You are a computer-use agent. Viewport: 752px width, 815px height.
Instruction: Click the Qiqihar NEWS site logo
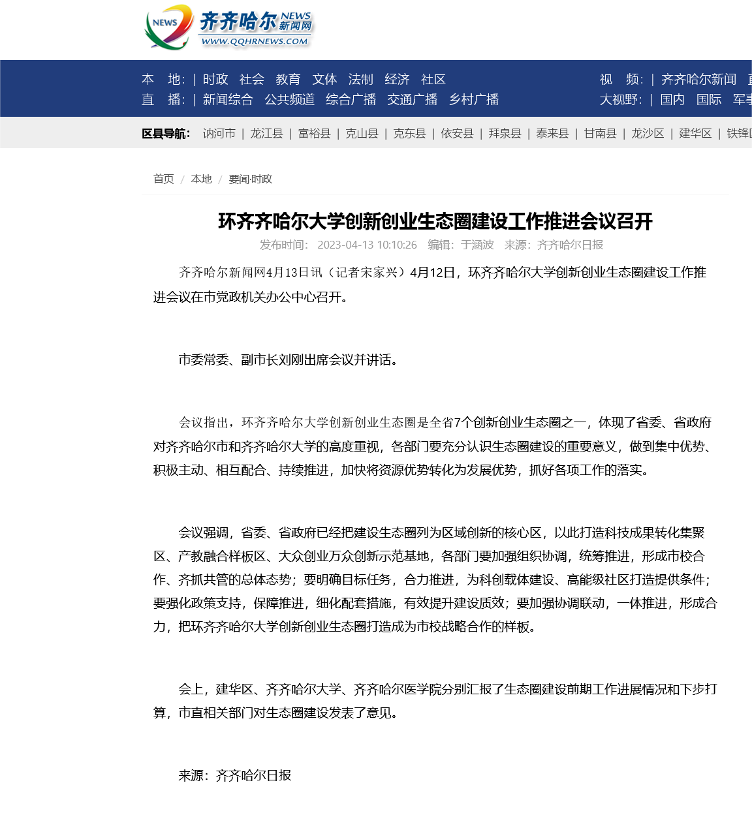[x=228, y=27]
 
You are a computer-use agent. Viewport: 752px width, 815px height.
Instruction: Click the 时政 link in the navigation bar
[x=215, y=80]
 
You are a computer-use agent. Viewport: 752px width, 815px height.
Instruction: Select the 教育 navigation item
[x=288, y=80]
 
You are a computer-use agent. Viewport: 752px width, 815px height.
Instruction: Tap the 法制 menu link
[x=360, y=80]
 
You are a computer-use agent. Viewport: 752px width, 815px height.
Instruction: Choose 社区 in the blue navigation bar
[x=433, y=80]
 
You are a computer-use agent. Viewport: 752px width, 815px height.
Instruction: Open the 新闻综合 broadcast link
[x=228, y=100]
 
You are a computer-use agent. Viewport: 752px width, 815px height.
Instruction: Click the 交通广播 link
[x=412, y=100]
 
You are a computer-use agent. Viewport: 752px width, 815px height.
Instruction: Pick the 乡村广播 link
[x=474, y=100]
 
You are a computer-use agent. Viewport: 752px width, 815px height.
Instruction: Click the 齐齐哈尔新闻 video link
[x=698, y=80]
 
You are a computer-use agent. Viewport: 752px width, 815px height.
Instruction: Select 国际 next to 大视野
[x=709, y=100]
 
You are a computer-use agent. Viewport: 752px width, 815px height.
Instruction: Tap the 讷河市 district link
[x=219, y=134]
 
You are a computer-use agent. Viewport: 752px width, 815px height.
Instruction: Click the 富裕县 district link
[x=315, y=134]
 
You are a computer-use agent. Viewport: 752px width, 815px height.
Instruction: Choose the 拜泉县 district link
[x=505, y=134]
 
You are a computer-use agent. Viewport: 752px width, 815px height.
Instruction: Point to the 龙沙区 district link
[x=648, y=134]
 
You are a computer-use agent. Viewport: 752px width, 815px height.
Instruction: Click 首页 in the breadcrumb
[x=164, y=179]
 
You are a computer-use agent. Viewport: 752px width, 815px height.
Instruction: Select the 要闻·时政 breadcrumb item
[x=250, y=179]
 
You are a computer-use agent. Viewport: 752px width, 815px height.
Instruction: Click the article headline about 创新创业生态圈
[x=435, y=221]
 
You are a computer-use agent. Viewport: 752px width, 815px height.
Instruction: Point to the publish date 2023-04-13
[x=367, y=245]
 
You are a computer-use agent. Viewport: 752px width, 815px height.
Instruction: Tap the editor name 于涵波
[x=477, y=245]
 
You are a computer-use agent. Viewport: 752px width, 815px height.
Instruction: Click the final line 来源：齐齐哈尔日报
[x=235, y=776]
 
